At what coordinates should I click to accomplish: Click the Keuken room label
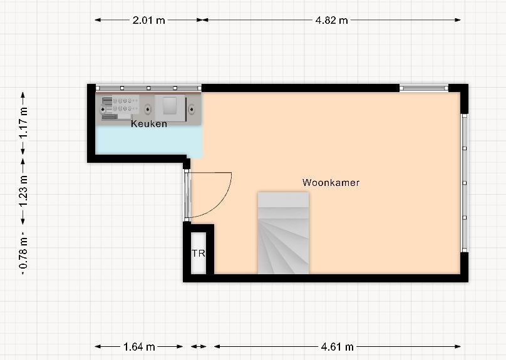click(149, 123)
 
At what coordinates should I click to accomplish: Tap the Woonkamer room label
click(331, 183)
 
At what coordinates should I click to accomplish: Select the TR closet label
click(199, 254)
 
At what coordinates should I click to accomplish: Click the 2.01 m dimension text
click(149, 20)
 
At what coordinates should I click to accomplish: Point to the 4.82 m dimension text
click(331, 20)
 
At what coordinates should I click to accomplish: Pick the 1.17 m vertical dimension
click(24, 123)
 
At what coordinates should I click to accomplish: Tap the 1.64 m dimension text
click(139, 347)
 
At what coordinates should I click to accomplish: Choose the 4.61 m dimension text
click(337, 347)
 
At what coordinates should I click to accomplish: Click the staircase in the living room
click(283, 233)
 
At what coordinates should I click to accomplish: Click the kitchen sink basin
click(170, 106)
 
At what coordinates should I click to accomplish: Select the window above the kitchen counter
click(148, 88)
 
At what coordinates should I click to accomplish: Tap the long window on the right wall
click(465, 183)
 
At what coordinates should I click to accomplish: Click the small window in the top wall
click(424, 88)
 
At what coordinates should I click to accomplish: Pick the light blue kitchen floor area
click(148, 140)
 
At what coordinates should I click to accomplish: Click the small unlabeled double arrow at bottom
click(199, 347)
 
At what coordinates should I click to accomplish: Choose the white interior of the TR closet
click(199, 253)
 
